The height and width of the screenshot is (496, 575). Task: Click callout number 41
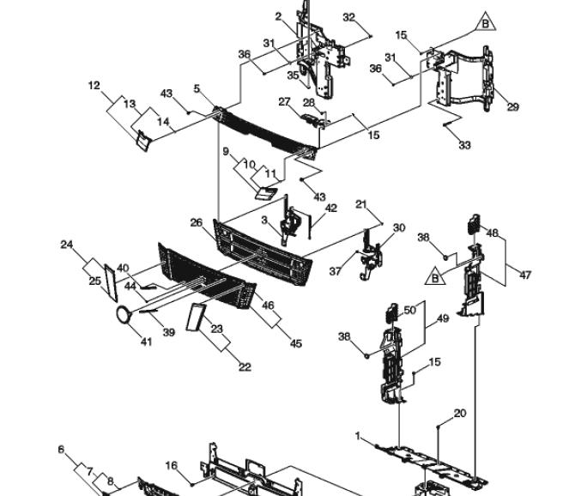tap(146, 342)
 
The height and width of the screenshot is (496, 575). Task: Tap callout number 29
tap(512, 107)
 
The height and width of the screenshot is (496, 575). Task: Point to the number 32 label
tap(348, 17)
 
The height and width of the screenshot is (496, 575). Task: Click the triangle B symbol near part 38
tap(435, 276)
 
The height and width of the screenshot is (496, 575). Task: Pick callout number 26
tap(197, 222)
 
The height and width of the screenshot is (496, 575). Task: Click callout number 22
tap(245, 366)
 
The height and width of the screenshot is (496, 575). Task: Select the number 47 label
tap(525, 275)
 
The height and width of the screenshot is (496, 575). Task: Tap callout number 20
tap(460, 414)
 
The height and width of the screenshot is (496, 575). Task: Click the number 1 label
tap(358, 436)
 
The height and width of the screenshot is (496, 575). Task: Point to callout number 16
tap(172, 466)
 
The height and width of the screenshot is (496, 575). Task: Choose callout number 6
tap(61, 450)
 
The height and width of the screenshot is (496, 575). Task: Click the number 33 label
tap(464, 145)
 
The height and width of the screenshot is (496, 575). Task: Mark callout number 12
tap(94, 86)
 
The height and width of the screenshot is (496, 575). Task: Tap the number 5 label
tap(197, 88)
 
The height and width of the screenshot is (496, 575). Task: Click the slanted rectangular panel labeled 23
tap(194, 318)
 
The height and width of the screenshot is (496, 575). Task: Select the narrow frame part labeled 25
tap(111, 283)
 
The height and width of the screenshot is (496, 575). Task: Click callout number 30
tap(399, 228)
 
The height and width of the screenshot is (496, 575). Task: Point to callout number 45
tap(295, 343)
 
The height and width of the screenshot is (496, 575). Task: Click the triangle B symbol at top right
tap(485, 22)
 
